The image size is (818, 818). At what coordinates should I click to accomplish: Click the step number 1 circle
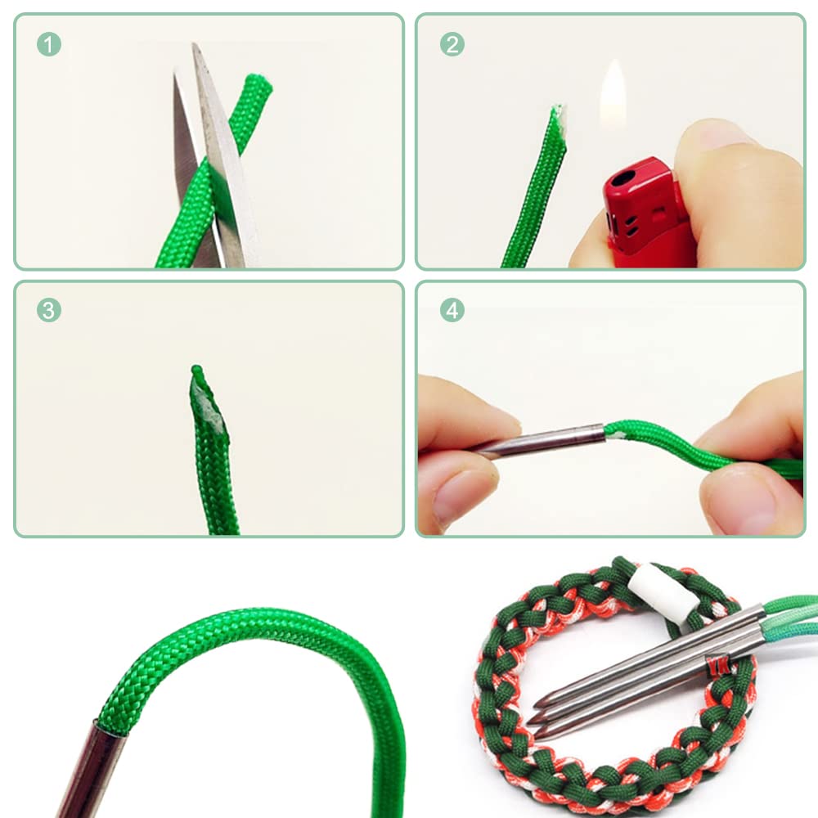(49, 44)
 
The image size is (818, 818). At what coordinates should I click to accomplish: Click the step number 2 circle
(452, 44)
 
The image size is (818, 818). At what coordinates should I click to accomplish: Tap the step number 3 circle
(49, 310)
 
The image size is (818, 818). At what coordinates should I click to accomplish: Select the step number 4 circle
(452, 310)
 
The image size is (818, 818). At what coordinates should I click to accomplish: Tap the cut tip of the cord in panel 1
(259, 83)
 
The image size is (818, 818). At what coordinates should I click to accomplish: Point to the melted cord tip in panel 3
(206, 397)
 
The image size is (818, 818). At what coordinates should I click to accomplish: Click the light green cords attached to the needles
(790, 616)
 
